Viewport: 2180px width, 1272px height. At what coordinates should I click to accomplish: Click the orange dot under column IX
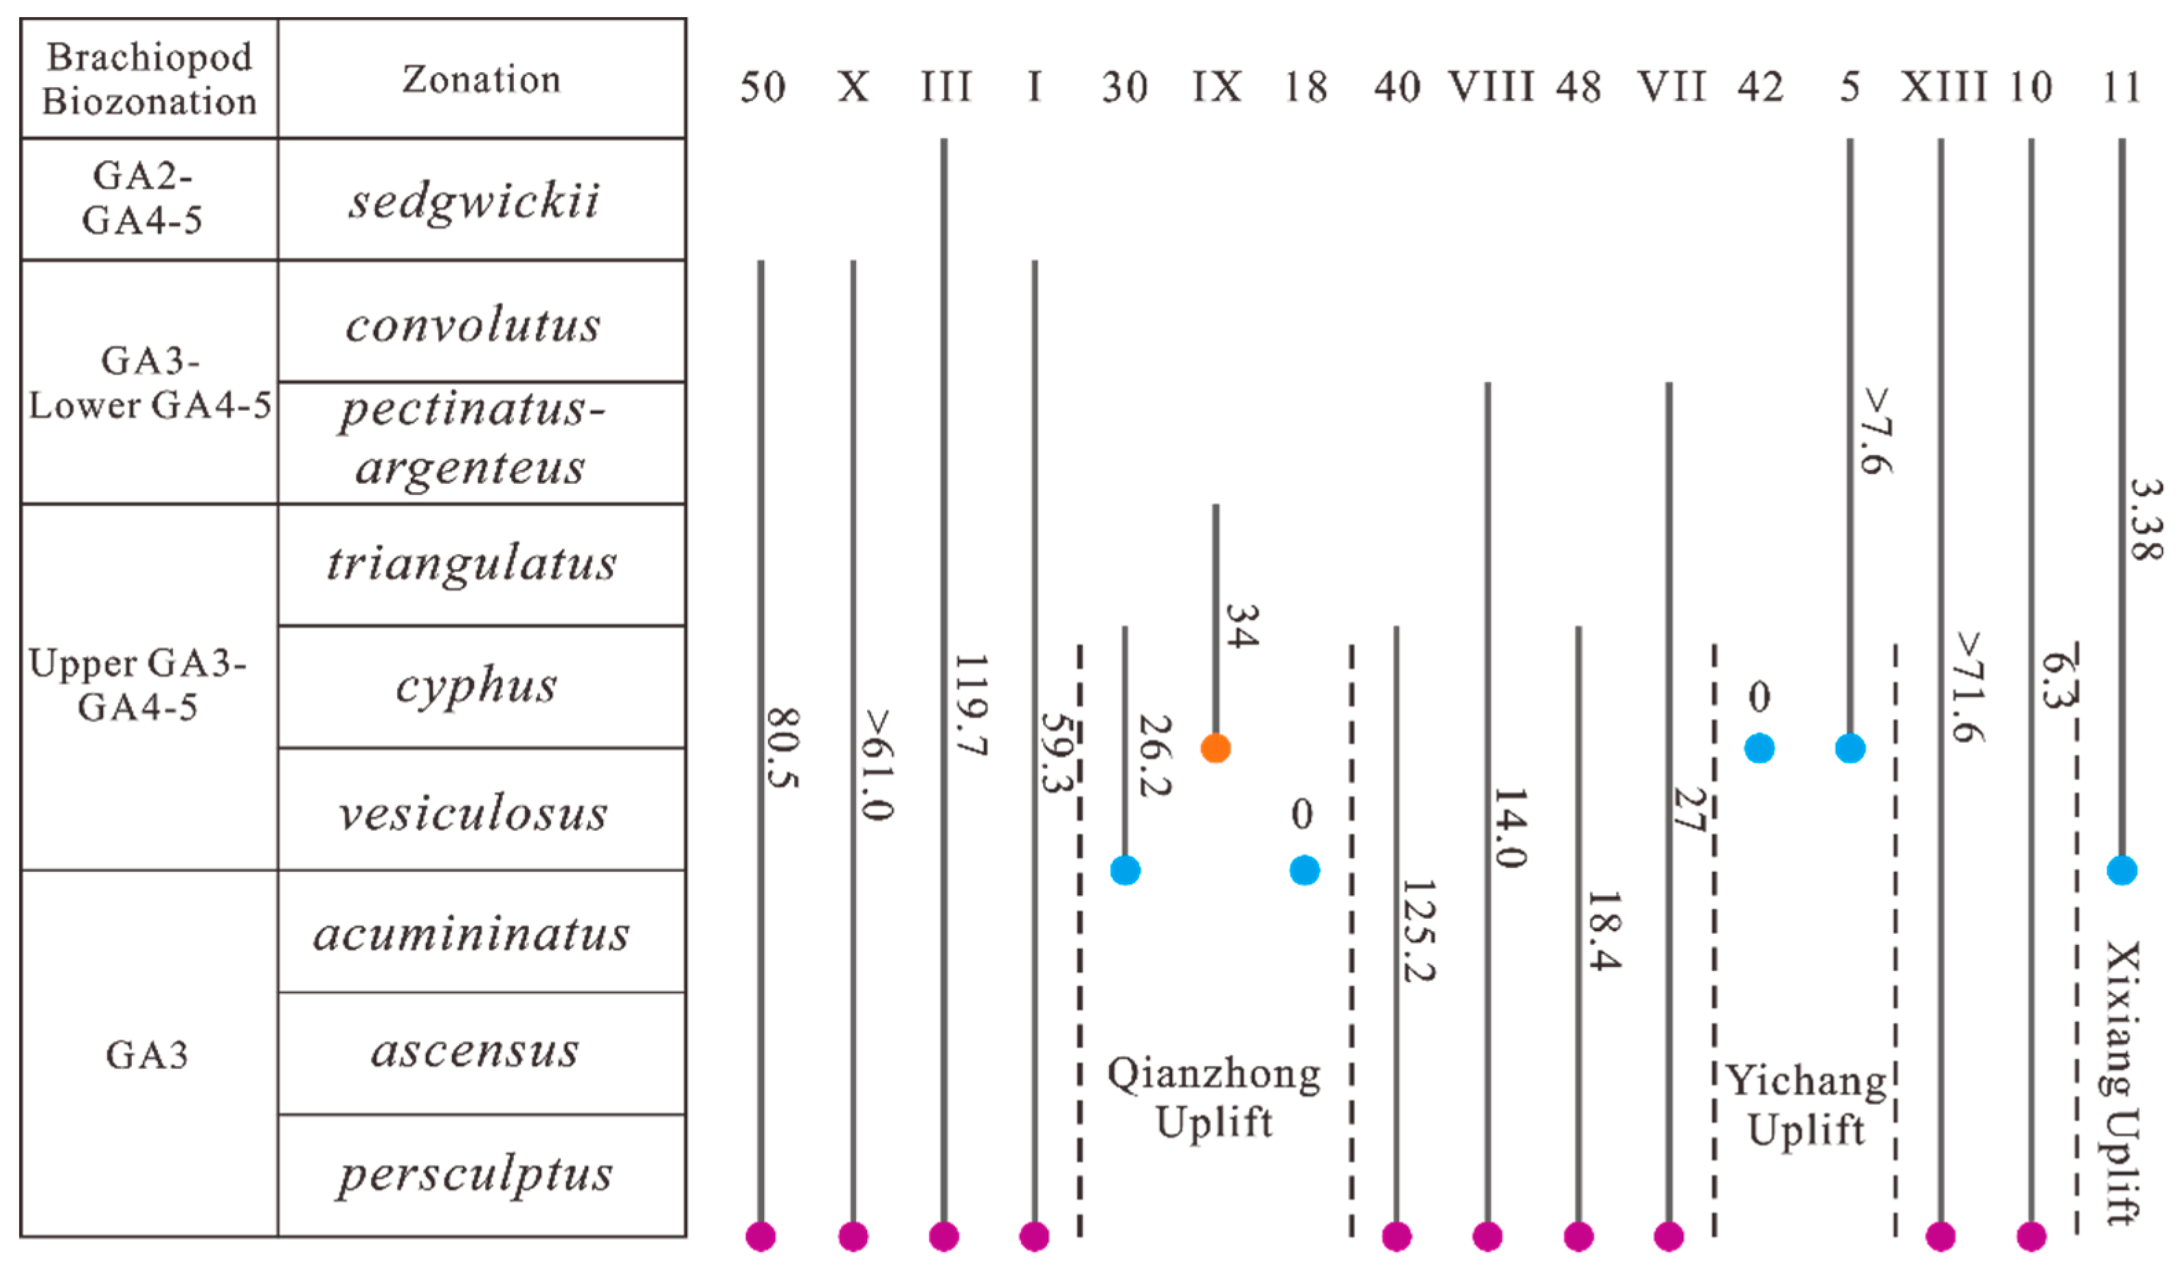click(1215, 748)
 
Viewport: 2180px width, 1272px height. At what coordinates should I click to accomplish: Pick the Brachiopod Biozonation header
click(149, 79)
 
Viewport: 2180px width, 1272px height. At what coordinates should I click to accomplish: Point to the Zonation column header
click(481, 79)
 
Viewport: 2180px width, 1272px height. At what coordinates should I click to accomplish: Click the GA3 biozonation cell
click(147, 1054)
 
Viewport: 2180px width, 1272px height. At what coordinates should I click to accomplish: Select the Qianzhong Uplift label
click(1214, 1097)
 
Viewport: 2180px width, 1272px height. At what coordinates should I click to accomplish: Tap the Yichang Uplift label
click(1806, 1104)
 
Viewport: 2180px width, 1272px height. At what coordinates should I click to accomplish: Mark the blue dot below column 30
click(1125, 869)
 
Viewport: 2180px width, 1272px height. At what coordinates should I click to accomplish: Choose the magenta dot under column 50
click(761, 1236)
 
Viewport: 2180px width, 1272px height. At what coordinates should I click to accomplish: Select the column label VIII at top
click(1490, 87)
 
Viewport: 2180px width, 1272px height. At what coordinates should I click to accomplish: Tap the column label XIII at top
click(1943, 87)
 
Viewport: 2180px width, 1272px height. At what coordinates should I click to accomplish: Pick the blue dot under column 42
click(1759, 748)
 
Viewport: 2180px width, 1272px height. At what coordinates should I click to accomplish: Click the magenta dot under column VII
click(1669, 1236)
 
